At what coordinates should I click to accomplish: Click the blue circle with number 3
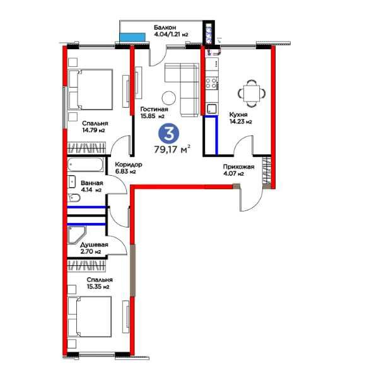pos(168,135)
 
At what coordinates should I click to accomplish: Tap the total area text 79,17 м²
pos(172,149)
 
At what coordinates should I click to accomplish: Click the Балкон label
pos(165,27)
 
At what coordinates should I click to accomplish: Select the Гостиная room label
pos(154,109)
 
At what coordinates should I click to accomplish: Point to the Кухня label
pos(238,115)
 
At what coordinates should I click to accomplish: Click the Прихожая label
pos(238,167)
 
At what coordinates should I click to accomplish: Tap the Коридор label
pos(129,164)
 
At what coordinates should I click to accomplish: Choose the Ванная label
pos(92,183)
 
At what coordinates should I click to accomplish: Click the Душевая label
pos(94,244)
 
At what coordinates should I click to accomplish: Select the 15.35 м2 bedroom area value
pos(98,287)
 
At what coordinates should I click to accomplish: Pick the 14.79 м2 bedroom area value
pos(93,130)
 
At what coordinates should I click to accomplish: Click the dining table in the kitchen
pos(252,93)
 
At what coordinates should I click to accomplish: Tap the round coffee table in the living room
pos(168,98)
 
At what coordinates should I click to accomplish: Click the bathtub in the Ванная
pos(85,164)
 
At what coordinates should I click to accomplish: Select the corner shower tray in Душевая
pos(77,234)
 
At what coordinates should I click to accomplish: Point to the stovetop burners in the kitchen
pos(211,83)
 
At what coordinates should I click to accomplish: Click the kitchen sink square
pos(212,108)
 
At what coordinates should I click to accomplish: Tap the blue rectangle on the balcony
pos(132,37)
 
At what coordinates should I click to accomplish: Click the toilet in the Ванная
pos(74,198)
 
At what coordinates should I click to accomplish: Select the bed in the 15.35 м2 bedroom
pos(90,317)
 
